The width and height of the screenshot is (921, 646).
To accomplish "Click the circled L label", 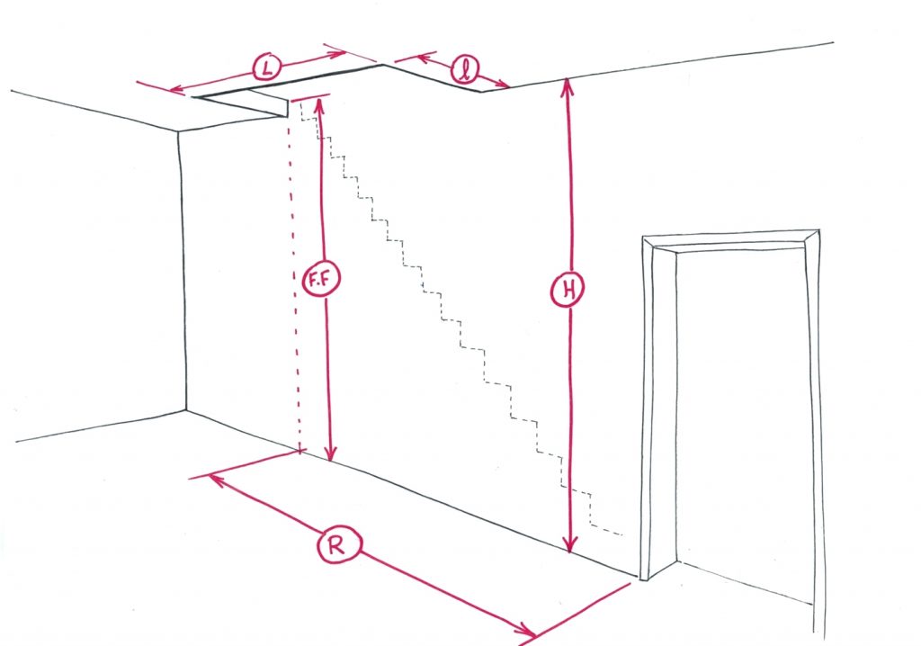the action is coord(266,68).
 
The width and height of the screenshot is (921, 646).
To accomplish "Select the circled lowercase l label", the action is coord(465,70).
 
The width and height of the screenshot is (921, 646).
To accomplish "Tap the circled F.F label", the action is coord(321,279).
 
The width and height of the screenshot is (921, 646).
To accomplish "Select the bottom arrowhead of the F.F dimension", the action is coord(331,453).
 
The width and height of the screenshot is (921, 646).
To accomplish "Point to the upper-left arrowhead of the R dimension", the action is coord(218,480).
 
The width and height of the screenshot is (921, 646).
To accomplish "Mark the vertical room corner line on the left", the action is coord(183,271).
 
